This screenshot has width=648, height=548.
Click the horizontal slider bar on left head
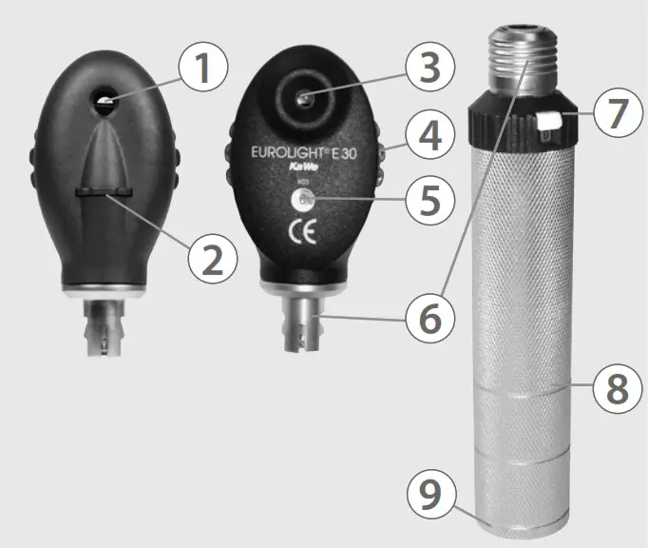[105, 194]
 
